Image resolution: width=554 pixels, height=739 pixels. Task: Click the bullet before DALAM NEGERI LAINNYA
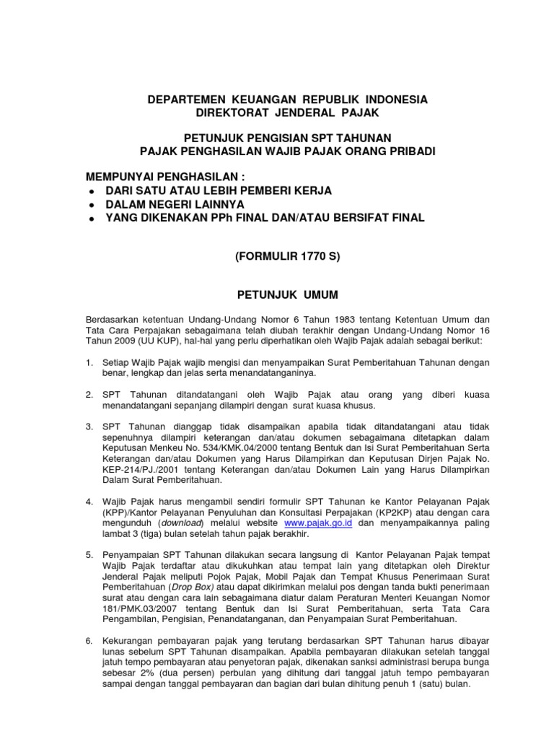(90, 204)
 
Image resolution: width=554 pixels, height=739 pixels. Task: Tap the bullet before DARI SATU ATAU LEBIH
(90, 191)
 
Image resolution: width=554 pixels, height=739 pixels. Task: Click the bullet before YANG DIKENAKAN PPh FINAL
(90, 218)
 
